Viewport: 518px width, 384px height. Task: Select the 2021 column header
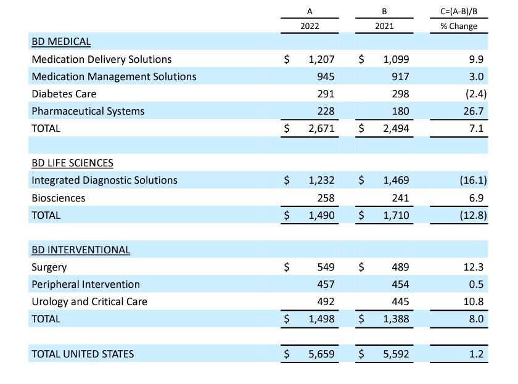pyautogui.click(x=384, y=27)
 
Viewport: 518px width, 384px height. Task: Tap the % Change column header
pyautogui.click(x=459, y=27)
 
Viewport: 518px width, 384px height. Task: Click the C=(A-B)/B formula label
pyautogui.click(x=459, y=12)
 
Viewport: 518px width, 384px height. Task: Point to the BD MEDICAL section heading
pyautogui.click(x=61, y=42)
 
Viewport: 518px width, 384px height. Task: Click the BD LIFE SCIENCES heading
pyautogui.click(x=72, y=163)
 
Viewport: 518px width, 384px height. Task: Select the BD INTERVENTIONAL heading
pyautogui.click(x=81, y=250)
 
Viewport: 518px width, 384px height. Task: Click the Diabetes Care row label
pyautogui.click(x=64, y=94)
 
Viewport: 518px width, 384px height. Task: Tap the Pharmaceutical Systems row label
pyautogui.click(x=88, y=111)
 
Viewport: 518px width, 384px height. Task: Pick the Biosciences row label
pyautogui.click(x=59, y=198)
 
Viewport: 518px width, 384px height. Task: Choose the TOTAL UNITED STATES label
pyautogui.click(x=83, y=354)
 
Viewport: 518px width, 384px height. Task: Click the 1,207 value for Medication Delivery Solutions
pyautogui.click(x=321, y=59)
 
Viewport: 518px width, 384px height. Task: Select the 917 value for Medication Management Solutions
pyautogui.click(x=400, y=76)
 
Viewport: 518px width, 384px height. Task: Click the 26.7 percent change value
pyautogui.click(x=475, y=111)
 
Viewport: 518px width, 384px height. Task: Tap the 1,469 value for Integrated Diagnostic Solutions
pyautogui.click(x=396, y=180)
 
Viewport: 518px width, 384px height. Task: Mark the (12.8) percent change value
pyautogui.click(x=473, y=215)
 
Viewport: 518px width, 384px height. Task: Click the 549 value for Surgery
pyautogui.click(x=326, y=267)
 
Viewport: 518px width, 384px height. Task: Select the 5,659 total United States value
pyautogui.click(x=321, y=354)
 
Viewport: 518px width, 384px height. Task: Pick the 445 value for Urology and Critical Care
pyautogui.click(x=400, y=301)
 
